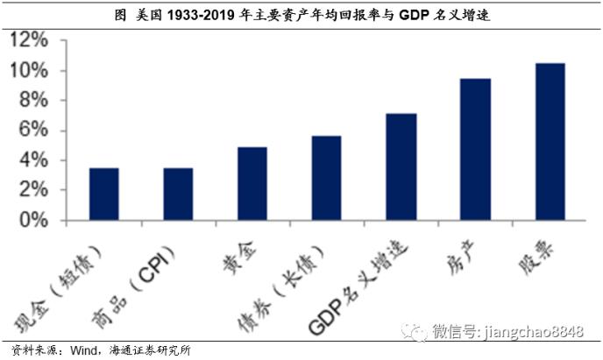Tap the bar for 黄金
252,183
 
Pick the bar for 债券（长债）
327,178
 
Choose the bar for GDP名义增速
401,166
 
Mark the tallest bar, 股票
550,141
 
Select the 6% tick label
32,131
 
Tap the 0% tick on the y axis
32,220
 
